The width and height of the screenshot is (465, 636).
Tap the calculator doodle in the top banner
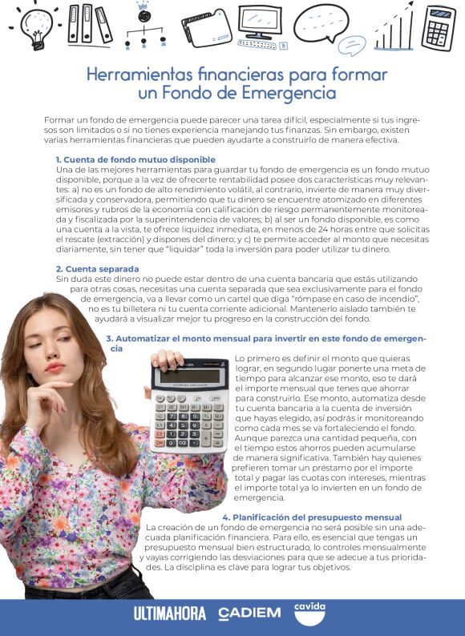pos(439,28)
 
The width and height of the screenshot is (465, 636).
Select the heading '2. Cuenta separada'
pos(91,268)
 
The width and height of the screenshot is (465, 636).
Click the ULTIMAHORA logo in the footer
pos(170,614)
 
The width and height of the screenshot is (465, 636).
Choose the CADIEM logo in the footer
pos(249,614)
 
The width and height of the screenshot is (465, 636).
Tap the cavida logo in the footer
pos(309,613)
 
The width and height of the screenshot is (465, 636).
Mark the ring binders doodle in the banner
pos(90,24)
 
